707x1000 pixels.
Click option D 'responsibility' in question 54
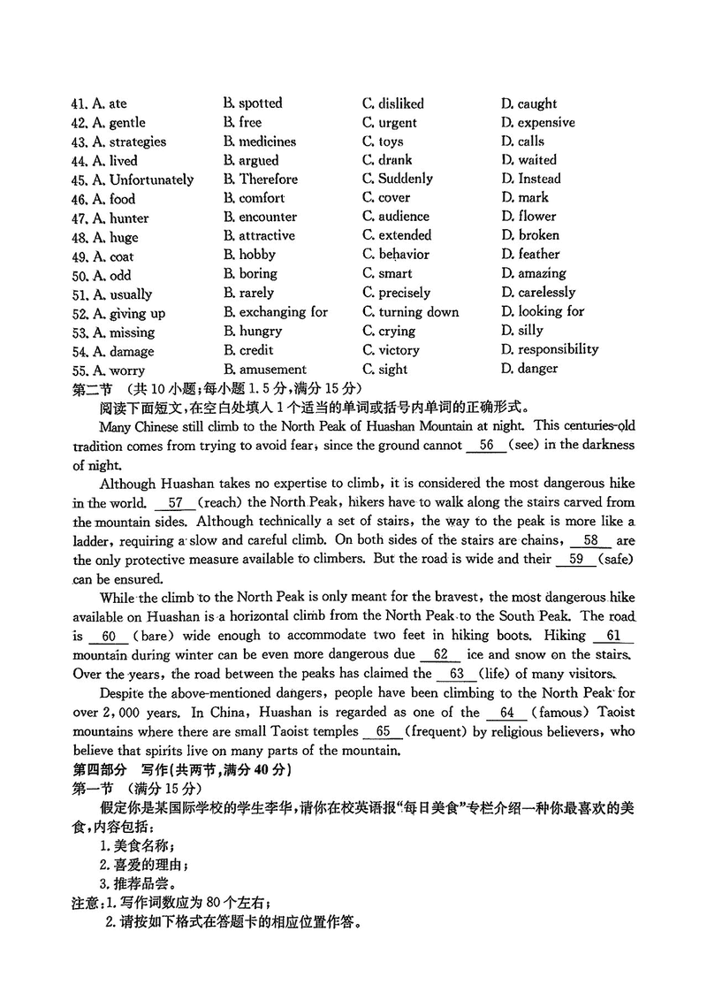click(x=549, y=349)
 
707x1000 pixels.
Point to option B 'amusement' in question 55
click(x=264, y=370)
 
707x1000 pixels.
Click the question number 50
click(x=80, y=275)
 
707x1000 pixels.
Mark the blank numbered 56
click(x=485, y=446)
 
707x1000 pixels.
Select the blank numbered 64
click(x=506, y=713)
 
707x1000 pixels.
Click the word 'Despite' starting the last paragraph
click(x=124, y=693)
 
